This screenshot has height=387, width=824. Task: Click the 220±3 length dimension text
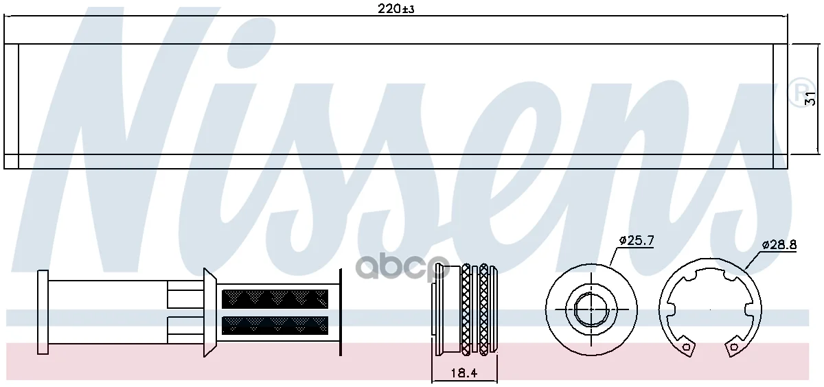[x=396, y=9]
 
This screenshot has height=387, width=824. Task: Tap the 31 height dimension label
[x=810, y=99]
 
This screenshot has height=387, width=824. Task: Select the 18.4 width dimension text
[x=464, y=373]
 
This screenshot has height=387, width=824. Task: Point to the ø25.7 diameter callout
[x=637, y=241]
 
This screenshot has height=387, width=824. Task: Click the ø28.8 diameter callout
[x=779, y=245]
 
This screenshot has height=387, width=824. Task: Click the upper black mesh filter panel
[x=275, y=299]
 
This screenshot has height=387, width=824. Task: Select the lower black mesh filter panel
[x=275, y=326]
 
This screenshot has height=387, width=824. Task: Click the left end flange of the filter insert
[x=43, y=312]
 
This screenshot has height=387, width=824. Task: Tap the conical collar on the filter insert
[x=209, y=312]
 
